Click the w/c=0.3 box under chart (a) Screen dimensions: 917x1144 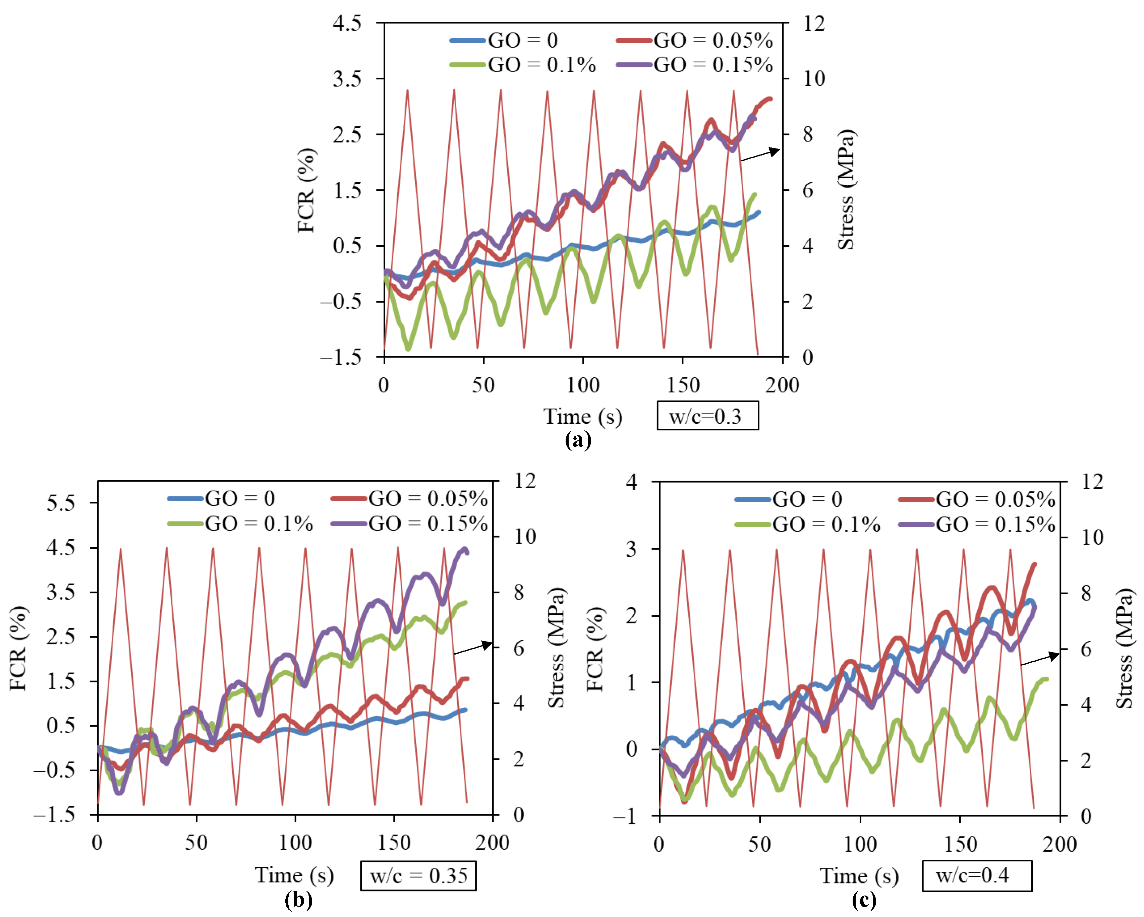pyautogui.click(x=707, y=416)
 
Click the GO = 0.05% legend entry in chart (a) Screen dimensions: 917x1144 pyautogui.click(x=695, y=40)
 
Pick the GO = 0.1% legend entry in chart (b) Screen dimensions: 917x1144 pyautogui.click(x=240, y=524)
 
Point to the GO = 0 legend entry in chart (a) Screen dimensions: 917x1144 pyautogui.click(x=504, y=40)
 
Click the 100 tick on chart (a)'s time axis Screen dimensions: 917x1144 pyautogui.click(x=583, y=385)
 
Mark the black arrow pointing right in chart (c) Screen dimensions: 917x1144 pyautogui.click(x=1040, y=659)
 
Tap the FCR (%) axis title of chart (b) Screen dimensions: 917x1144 pyautogui.click(x=18, y=648)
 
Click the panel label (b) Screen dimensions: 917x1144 pyautogui.click(x=298, y=900)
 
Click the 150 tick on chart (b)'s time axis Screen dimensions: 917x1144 pyautogui.click(x=394, y=843)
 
